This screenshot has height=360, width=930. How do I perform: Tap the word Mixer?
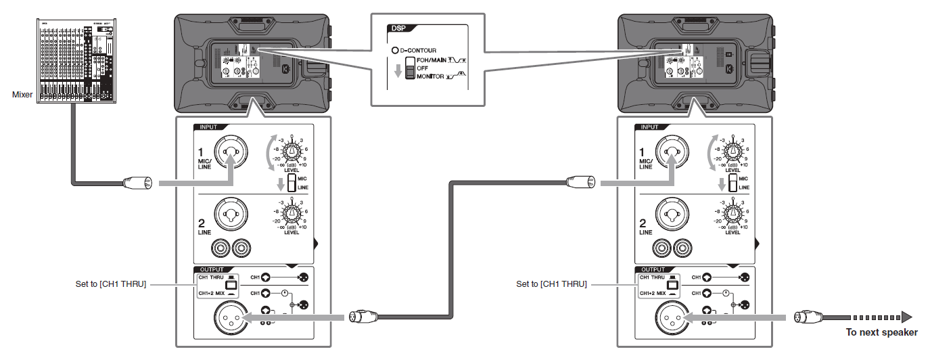[22, 95]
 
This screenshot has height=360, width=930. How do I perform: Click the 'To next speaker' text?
[881, 332]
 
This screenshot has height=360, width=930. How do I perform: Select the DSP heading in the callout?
[396, 28]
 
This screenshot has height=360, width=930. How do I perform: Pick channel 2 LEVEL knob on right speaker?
[733, 215]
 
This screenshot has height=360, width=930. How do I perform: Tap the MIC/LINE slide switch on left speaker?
[292, 183]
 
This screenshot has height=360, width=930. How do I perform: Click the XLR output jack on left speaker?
[230, 317]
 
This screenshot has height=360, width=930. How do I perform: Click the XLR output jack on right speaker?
[672, 317]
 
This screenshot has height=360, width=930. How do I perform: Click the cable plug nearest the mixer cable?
[133, 182]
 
